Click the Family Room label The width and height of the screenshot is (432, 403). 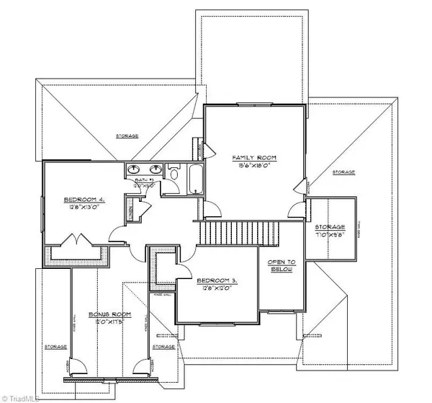click(x=253, y=156)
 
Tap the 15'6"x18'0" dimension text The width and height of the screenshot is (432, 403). click(x=253, y=164)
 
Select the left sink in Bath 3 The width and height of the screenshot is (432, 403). click(x=135, y=170)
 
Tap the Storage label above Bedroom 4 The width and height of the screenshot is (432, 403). click(x=128, y=136)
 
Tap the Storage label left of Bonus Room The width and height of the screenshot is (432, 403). click(x=55, y=347)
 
